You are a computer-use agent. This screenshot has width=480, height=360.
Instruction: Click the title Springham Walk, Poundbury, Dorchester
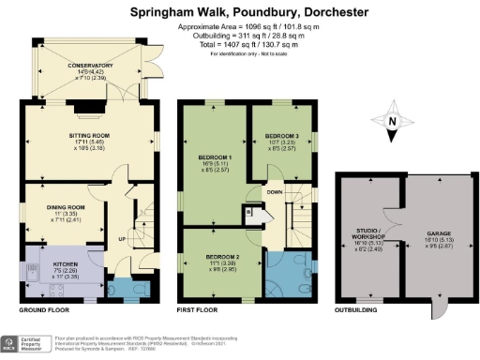pos(240,12)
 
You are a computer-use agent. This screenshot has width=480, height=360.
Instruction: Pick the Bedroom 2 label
pos(221,255)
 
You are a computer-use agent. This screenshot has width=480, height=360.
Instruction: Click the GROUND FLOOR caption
pos(44,308)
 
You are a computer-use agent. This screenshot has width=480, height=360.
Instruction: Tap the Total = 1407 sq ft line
pos(240,43)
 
